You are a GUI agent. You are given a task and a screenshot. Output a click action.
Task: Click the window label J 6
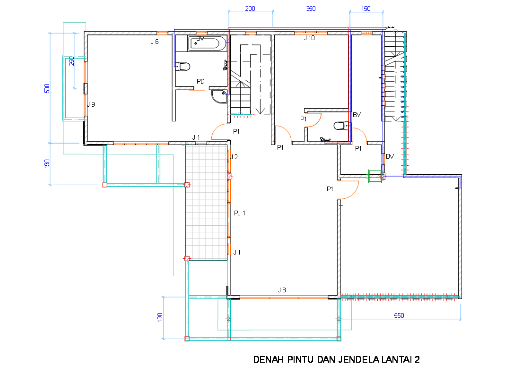pyautogui.click(x=155, y=42)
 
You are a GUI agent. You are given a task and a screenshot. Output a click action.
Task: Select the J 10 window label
pyautogui.click(x=309, y=38)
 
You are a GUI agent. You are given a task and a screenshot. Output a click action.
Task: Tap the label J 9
pyautogui.click(x=91, y=104)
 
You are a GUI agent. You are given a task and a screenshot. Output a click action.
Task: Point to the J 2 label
pyautogui.click(x=234, y=157)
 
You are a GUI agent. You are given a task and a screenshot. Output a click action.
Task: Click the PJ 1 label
pyautogui.click(x=240, y=213)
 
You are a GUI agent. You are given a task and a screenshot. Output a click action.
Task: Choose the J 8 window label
pyautogui.click(x=282, y=290)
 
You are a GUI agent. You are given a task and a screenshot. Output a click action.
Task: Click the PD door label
pyautogui.click(x=200, y=81)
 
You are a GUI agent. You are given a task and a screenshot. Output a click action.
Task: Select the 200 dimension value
pyautogui.click(x=250, y=9)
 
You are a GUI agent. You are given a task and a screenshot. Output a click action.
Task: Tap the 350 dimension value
pyautogui.click(x=311, y=9)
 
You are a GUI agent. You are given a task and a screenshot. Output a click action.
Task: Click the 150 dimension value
pyautogui.click(x=366, y=9)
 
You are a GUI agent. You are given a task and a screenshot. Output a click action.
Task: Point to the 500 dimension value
pyautogui.click(x=47, y=88)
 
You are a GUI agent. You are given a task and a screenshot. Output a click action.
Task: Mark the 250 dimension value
pyautogui.click(x=71, y=61)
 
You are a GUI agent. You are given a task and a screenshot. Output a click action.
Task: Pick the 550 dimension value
pyautogui.click(x=399, y=315)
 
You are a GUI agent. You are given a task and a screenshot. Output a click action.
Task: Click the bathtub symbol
pyautogui.click(x=207, y=43)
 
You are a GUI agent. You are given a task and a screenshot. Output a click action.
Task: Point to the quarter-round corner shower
pyautogui.click(x=219, y=96)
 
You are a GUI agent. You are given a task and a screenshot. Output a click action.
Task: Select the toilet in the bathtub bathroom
pyautogui.click(x=183, y=67)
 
